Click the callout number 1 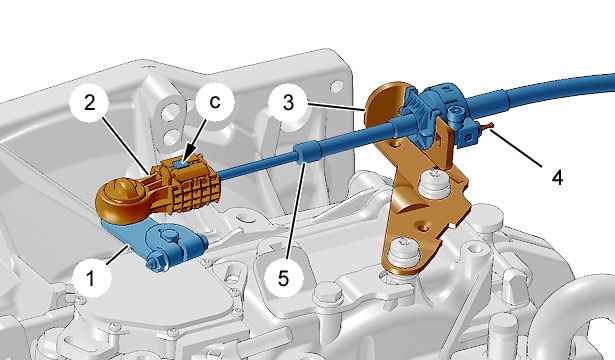(x=91, y=278)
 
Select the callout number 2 (x=89, y=103)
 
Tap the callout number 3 (x=288, y=103)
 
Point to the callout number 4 (x=557, y=177)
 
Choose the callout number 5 (x=283, y=278)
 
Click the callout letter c (x=215, y=102)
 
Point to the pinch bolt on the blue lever (x=155, y=262)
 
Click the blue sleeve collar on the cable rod (x=308, y=152)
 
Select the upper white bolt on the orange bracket (x=435, y=183)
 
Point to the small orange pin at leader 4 (x=487, y=125)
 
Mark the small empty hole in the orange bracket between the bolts (x=422, y=227)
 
